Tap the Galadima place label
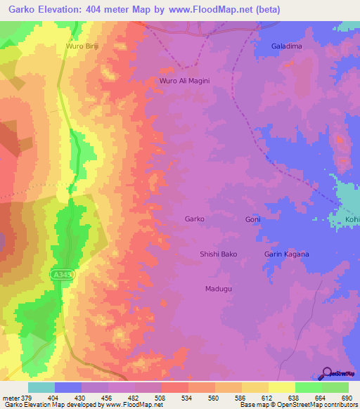[286, 46]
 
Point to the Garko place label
[194, 219]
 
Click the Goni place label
[253, 219]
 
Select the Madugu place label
[219, 289]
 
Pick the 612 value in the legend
[268, 398]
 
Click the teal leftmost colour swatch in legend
[41, 387]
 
